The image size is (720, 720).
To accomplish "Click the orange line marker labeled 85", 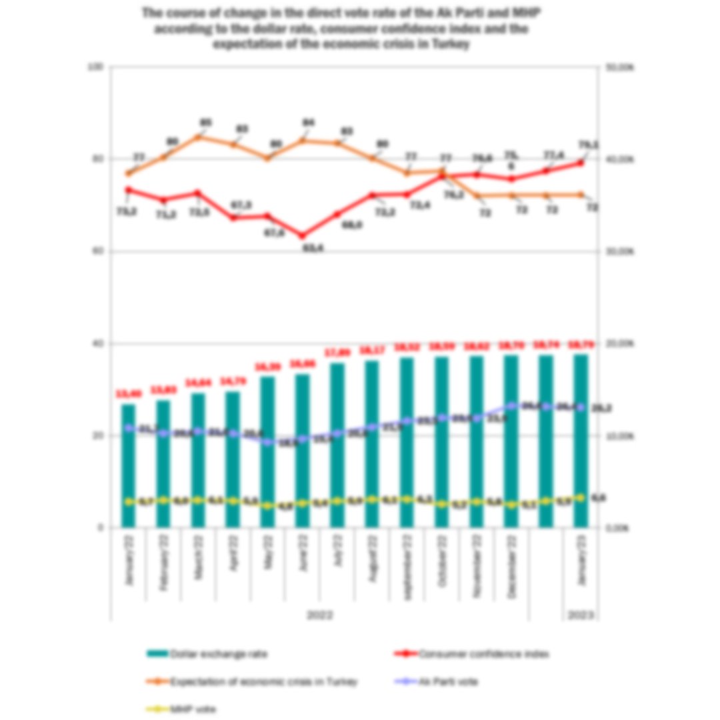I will point(198,137).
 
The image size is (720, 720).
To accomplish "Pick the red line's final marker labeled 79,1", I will point(581,162).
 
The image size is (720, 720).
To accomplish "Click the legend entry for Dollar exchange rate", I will point(207,654).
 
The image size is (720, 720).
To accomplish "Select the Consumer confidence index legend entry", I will point(473,654).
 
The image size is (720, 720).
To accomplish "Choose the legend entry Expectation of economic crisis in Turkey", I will point(253,682).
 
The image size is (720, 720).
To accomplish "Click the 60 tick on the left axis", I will point(99,251).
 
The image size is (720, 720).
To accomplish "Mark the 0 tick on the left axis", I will point(101,528).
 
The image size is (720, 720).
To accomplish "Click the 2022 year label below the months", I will point(320,615).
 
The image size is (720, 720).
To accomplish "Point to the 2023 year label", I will point(581,615).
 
